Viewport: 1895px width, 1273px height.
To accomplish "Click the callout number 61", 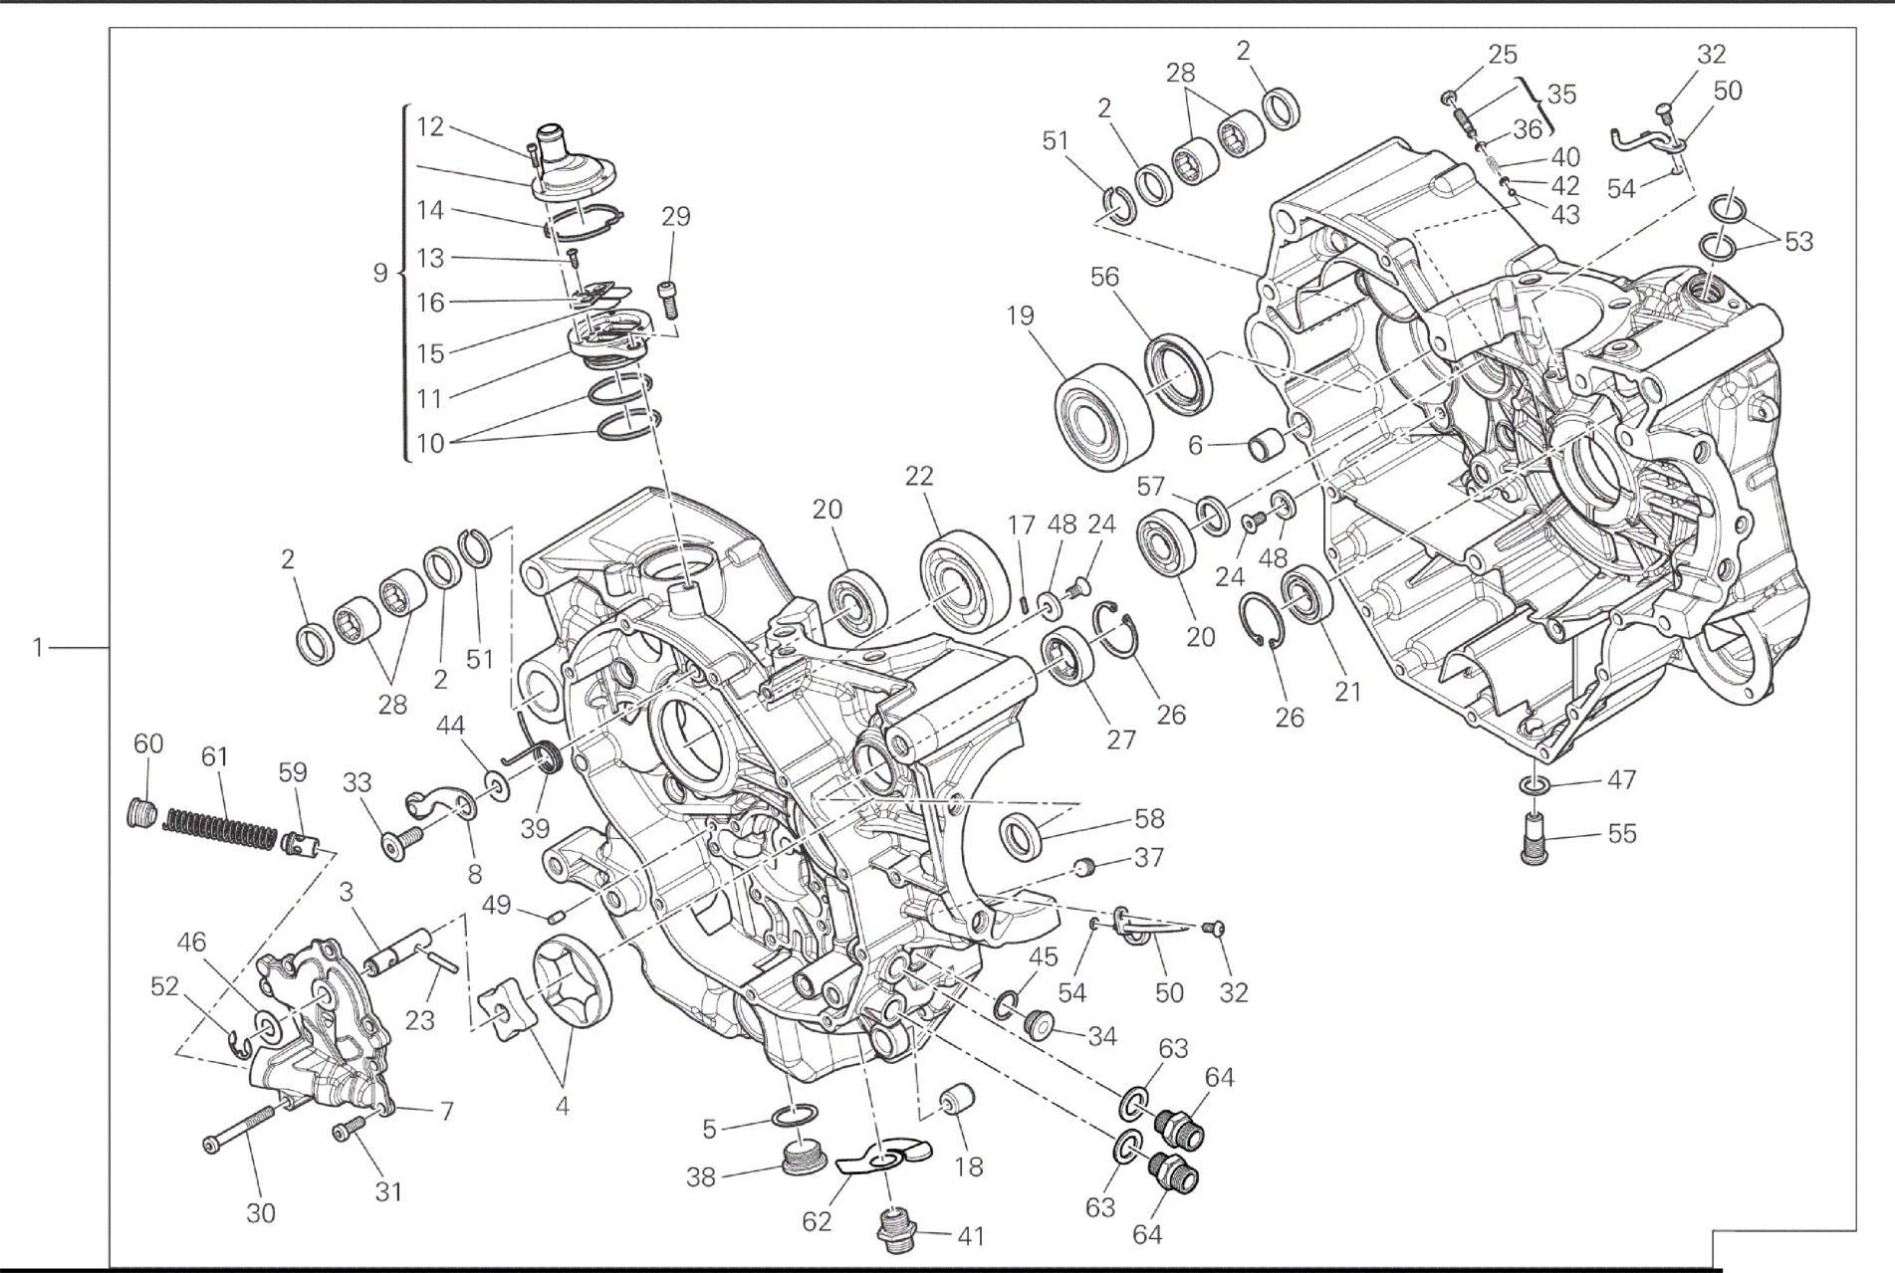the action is [x=214, y=757].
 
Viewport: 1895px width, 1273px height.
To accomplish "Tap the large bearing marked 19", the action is [x=1103, y=415].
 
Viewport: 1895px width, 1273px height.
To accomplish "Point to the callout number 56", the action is [x=1104, y=279].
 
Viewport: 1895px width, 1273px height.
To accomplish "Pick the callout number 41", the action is [x=970, y=1236].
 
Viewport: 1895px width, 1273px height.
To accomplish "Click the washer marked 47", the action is [x=1535, y=787].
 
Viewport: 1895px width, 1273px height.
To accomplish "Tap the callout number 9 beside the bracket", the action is [x=380, y=272].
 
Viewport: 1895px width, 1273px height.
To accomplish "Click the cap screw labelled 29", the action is [x=669, y=298].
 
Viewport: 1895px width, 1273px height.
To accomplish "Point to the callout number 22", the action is [x=919, y=476].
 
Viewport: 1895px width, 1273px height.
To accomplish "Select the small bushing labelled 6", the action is [x=1265, y=445].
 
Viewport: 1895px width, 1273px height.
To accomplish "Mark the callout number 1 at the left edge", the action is [x=38, y=648].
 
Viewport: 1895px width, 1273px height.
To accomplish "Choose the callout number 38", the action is [x=700, y=1177].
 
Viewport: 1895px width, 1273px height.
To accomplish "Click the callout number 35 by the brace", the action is [x=1561, y=94].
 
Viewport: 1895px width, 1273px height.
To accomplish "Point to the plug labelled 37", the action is [x=1085, y=868].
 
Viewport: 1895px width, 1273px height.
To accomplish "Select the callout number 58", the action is [x=1149, y=818].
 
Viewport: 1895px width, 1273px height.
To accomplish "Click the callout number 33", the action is [x=356, y=783].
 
